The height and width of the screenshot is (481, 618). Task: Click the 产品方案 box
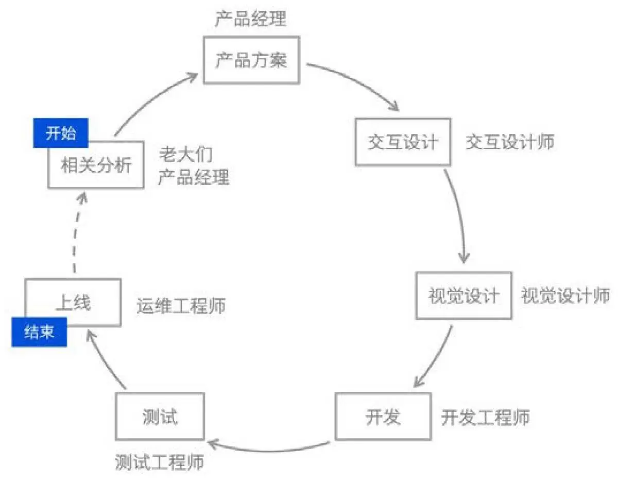tap(251, 60)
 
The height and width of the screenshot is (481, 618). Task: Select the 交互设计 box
tap(403, 142)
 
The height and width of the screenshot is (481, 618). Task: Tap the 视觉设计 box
tap(463, 295)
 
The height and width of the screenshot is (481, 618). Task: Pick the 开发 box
tap(383, 416)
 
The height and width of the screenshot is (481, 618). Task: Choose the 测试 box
tap(160, 416)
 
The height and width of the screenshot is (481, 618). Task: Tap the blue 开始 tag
tap(61, 133)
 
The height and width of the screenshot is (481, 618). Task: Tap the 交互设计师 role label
tap(510, 142)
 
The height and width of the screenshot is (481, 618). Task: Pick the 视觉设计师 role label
tap(565, 295)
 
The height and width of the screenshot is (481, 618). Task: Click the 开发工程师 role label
tap(485, 417)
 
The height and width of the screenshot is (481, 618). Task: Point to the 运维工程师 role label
tap(181, 306)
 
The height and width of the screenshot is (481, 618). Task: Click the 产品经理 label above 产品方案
tap(250, 20)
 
